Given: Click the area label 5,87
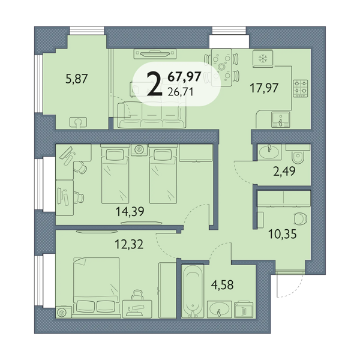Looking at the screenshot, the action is (x=77, y=79).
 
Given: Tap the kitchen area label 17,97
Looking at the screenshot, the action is (x=264, y=88).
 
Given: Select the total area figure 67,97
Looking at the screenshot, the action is (x=185, y=76).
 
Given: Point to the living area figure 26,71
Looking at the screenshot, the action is (x=181, y=92).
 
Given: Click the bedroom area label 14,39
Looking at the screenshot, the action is (x=130, y=211).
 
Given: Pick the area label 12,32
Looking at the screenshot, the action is (x=129, y=244).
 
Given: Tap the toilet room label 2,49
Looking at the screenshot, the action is (x=284, y=172).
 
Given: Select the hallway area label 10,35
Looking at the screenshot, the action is (x=283, y=235).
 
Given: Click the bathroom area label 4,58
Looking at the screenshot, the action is (x=222, y=285).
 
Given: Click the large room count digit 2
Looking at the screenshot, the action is (x=155, y=83).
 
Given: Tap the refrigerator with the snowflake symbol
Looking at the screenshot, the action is (x=263, y=59).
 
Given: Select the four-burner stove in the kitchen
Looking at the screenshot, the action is (x=301, y=88).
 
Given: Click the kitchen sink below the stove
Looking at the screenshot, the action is (x=280, y=119).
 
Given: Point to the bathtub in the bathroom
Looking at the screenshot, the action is (x=193, y=292).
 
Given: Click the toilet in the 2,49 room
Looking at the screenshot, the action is (x=298, y=157).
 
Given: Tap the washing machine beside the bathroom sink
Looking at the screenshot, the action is (x=244, y=310).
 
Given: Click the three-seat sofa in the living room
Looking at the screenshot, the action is (x=152, y=115).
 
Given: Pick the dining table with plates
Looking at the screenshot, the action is (x=221, y=67).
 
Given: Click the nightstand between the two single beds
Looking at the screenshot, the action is (x=139, y=151).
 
